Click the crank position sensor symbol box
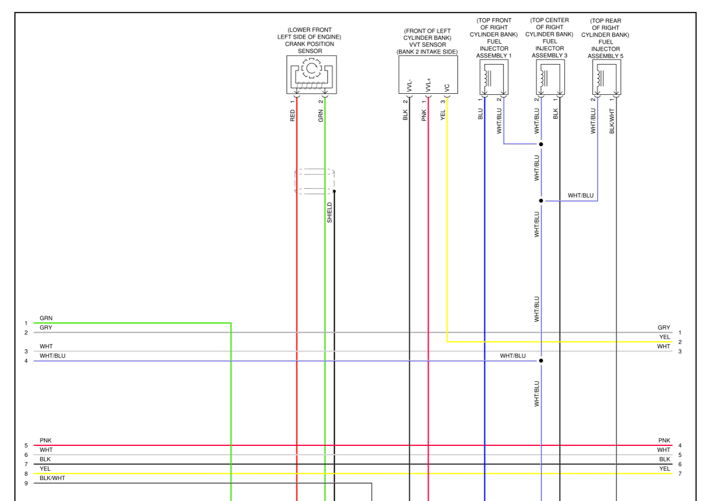tap(311, 74)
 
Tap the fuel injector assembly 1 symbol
tap(494, 77)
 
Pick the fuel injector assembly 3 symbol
tap(550, 77)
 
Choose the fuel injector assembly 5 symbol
tap(607, 77)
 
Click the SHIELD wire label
tap(330, 212)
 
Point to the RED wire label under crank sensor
tap(293, 115)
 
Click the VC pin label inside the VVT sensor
tap(447, 88)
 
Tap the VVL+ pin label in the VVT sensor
tap(428, 85)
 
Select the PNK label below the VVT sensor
tap(424, 115)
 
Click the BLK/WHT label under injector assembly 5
tap(612, 121)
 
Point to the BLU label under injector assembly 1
tap(480, 114)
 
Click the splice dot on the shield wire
tap(334, 191)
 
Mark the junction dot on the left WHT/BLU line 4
tap(541, 361)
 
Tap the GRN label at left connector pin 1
tap(46, 318)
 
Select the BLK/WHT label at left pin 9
tap(52, 478)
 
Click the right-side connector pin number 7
tap(680, 473)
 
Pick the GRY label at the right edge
tap(664, 328)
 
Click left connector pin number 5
tap(26, 445)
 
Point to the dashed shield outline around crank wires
tap(314, 181)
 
